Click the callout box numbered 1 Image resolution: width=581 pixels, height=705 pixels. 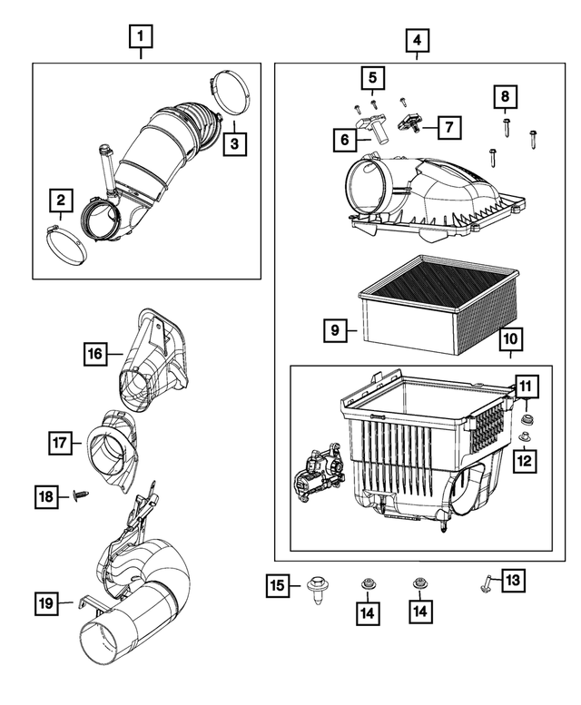tap(140, 38)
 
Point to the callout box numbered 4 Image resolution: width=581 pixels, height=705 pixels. tap(416, 41)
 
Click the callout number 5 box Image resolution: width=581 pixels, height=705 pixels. tap(371, 79)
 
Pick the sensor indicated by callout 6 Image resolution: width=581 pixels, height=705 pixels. tap(373, 128)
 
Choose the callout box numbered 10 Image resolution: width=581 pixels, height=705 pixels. tap(510, 340)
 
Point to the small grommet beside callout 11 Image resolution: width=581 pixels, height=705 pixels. tap(527, 420)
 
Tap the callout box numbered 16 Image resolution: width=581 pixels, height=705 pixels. tap(95, 354)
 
